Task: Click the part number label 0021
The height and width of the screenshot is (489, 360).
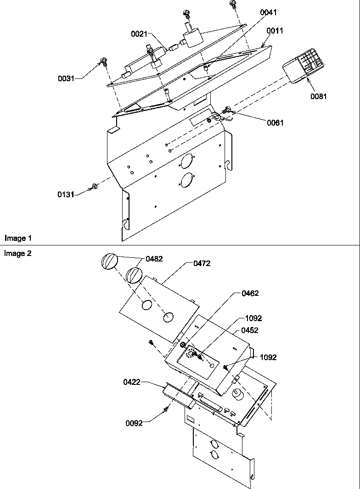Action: (139, 34)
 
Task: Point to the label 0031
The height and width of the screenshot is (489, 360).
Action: (66, 78)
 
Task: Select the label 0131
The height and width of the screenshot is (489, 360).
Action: (66, 194)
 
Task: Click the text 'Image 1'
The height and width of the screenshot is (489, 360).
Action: (18, 238)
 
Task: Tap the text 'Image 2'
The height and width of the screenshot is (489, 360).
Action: (18, 253)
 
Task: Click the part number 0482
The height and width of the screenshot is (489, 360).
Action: (154, 259)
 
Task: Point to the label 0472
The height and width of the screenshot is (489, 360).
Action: (202, 263)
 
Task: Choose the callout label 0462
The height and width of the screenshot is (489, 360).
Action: (250, 294)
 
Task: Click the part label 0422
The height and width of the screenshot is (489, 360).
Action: (131, 382)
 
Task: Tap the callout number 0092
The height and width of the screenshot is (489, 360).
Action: (134, 423)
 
